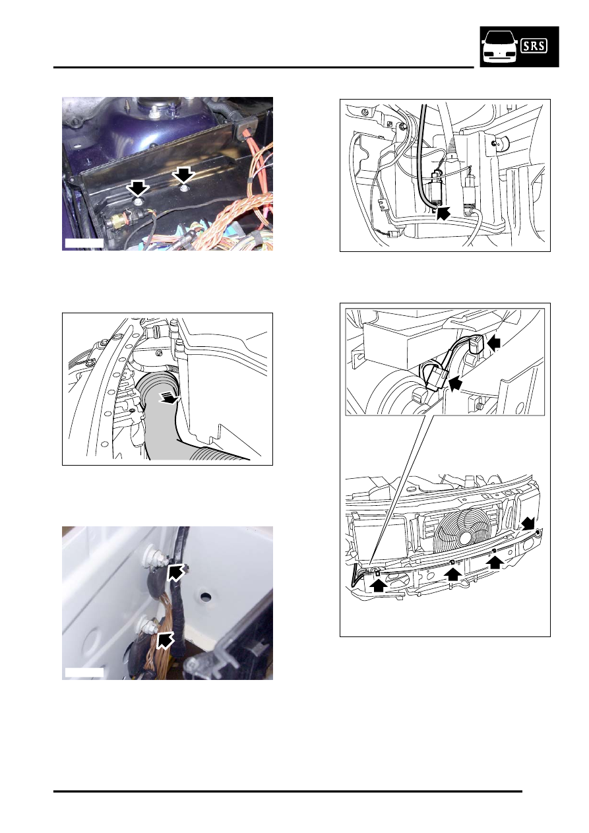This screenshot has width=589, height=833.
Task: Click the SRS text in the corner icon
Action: pos(534,46)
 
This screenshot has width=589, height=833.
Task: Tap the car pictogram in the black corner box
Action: pos(500,47)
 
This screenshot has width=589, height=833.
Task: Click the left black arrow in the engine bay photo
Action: pos(138,189)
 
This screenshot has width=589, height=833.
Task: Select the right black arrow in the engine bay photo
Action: pos(183,174)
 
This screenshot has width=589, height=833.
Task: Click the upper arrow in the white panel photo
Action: pos(175,572)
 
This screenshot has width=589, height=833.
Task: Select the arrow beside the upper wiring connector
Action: pos(494,343)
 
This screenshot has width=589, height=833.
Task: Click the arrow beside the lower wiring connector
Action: pos(456,383)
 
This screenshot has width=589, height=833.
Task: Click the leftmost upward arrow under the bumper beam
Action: pos(378,584)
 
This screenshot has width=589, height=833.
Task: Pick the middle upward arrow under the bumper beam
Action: pos(452,574)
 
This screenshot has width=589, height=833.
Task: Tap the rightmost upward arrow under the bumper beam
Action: pos(495,562)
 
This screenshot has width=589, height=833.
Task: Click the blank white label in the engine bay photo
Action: pos(84,243)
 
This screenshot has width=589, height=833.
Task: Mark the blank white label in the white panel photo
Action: pos(84,672)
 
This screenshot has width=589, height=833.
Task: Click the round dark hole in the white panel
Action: pos(205,597)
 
